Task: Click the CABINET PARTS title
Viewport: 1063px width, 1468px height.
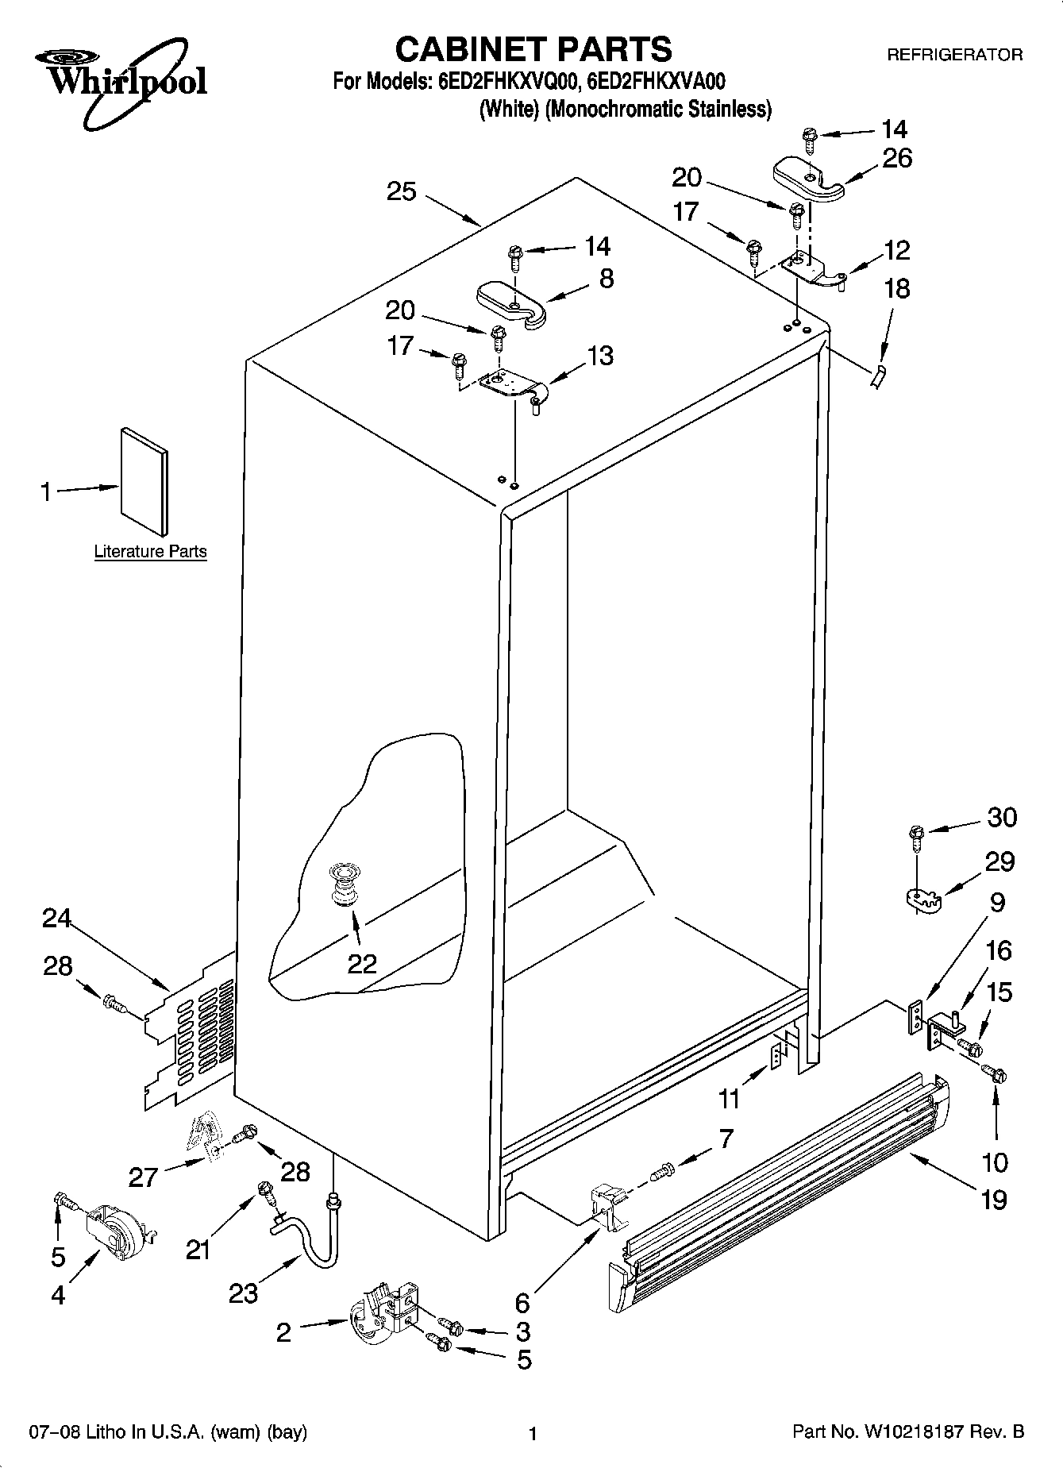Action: (x=533, y=49)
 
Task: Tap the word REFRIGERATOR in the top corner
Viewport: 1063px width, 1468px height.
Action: (x=953, y=55)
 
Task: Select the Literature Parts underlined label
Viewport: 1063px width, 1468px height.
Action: (x=150, y=551)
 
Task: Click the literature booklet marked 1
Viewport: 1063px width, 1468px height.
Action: (x=144, y=481)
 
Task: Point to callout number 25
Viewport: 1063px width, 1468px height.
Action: (x=402, y=191)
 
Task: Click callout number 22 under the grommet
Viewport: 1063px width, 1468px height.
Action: (x=362, y=963)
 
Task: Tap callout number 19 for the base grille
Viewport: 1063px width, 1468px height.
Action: (x=994, y=1199)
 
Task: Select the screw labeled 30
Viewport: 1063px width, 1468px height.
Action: (x=916, y=834)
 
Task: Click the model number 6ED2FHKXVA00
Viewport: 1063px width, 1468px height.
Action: (x=657, y=83)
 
